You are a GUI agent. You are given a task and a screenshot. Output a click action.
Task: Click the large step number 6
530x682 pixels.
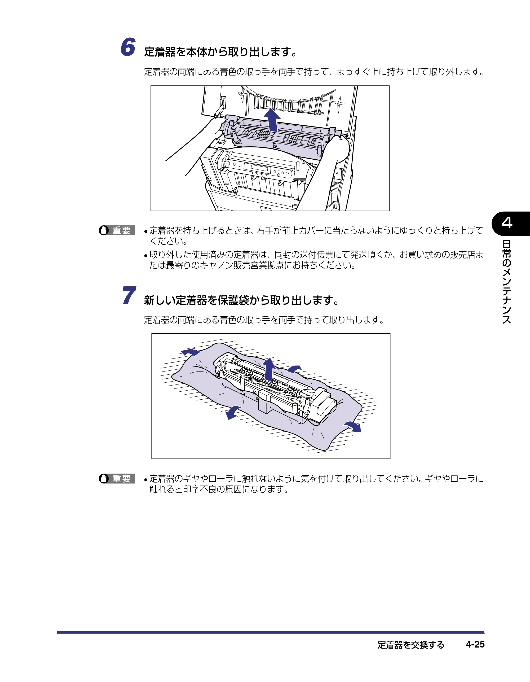pyautogui.click(x=128, y=47)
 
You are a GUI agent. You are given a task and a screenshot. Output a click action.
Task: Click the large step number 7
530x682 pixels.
pyautogui.click(x=129, y=295)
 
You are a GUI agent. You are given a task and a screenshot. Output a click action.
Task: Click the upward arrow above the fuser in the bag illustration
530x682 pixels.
pyautogui.click(x=269, y=369)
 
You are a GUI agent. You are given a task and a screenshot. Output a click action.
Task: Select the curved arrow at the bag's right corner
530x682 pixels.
pyautogui.click(x=353, y=426)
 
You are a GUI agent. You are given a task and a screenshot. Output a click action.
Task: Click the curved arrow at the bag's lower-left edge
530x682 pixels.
pyautogui.click(x=233, y=412)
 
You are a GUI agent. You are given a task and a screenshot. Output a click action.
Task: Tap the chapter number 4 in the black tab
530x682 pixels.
pyautogui.click(x=507, y=223)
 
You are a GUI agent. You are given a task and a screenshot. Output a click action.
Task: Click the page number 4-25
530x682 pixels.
pyautogui.click(x=475, y=645)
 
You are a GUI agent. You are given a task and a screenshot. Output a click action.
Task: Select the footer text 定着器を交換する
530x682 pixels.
pyautogui.click(x=411, y=645)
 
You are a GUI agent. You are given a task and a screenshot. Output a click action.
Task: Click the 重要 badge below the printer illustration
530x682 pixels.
pyautogui.click(x=117, y=230)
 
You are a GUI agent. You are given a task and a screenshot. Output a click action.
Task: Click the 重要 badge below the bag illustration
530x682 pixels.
pyautogui.click(x=117, y=478)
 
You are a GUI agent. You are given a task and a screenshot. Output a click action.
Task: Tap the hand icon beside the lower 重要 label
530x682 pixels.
pyautogui.click(x=104, y=478)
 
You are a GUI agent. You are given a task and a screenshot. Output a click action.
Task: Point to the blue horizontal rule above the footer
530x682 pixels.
pyautogui.click(x=271, y=632)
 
